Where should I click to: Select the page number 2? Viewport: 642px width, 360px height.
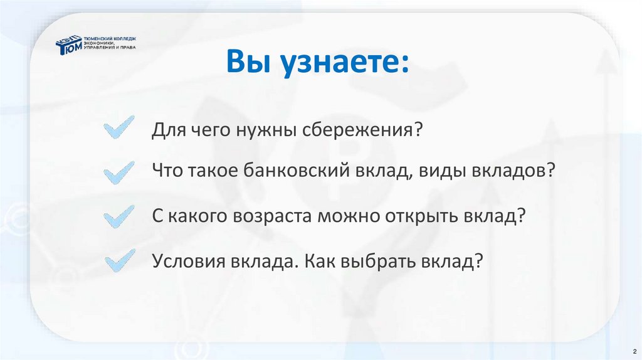634,350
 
